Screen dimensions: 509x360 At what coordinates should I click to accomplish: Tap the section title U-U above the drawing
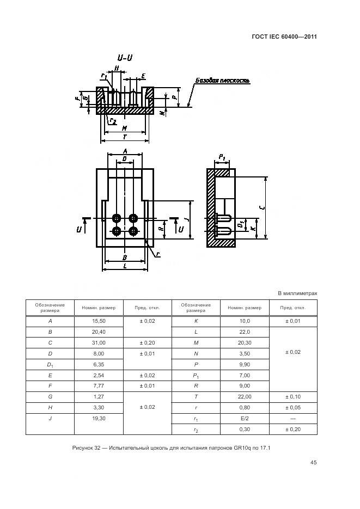(x=124, y=58)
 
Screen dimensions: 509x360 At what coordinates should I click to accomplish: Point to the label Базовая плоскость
(x=222, y=81)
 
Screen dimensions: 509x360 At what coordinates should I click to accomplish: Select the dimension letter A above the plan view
(x=125, y=151)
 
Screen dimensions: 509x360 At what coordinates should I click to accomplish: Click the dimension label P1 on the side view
(x=222, y=157)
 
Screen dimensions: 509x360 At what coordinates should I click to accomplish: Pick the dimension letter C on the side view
(x=262, y=207)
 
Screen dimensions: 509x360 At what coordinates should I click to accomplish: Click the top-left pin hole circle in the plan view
(x=117, y=218)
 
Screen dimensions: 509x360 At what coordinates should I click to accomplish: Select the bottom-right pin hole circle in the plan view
(x=133, y=231)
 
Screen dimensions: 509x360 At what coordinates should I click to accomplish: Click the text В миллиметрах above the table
(x=297, y=293)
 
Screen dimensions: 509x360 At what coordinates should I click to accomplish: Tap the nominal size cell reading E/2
(x=244, y=418)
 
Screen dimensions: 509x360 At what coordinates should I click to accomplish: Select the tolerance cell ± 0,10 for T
(x=293, y=396)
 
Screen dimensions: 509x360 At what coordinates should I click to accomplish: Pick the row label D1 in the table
(x=50, y=364)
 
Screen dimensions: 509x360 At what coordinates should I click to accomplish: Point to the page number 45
(x=313, y=463)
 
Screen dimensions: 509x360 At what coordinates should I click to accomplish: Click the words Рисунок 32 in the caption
(x=87, y=448)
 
